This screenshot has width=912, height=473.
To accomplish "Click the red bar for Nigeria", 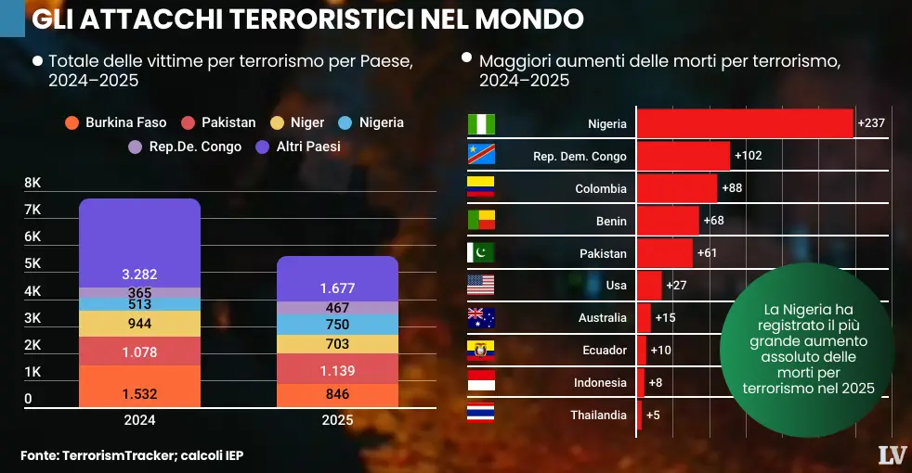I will [744, 123].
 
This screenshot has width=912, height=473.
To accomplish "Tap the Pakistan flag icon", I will [481, 253].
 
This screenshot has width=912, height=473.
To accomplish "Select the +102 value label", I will [748, 156].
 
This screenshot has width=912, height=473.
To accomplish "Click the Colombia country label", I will [601, 188].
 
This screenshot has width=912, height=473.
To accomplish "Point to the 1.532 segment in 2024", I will [139, 393].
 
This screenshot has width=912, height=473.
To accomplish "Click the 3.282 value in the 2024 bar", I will [139, 275].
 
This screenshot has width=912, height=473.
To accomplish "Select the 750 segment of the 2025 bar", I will [337, 325].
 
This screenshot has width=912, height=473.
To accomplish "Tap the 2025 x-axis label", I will [337, 420].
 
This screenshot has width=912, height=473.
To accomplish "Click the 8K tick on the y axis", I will [33, 183].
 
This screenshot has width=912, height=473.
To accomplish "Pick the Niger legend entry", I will [298, 122].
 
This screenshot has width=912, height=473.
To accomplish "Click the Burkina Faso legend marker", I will [71, 122].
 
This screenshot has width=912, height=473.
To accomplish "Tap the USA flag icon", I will [481, 285].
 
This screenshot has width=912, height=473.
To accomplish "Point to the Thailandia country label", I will [598, 415].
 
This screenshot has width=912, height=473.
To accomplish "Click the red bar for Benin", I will [667, 221].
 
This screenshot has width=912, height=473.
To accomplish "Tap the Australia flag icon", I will [481, 318].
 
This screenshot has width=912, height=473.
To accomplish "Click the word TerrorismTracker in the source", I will [119, 455].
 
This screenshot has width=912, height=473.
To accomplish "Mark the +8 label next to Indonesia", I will [655, 382].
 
